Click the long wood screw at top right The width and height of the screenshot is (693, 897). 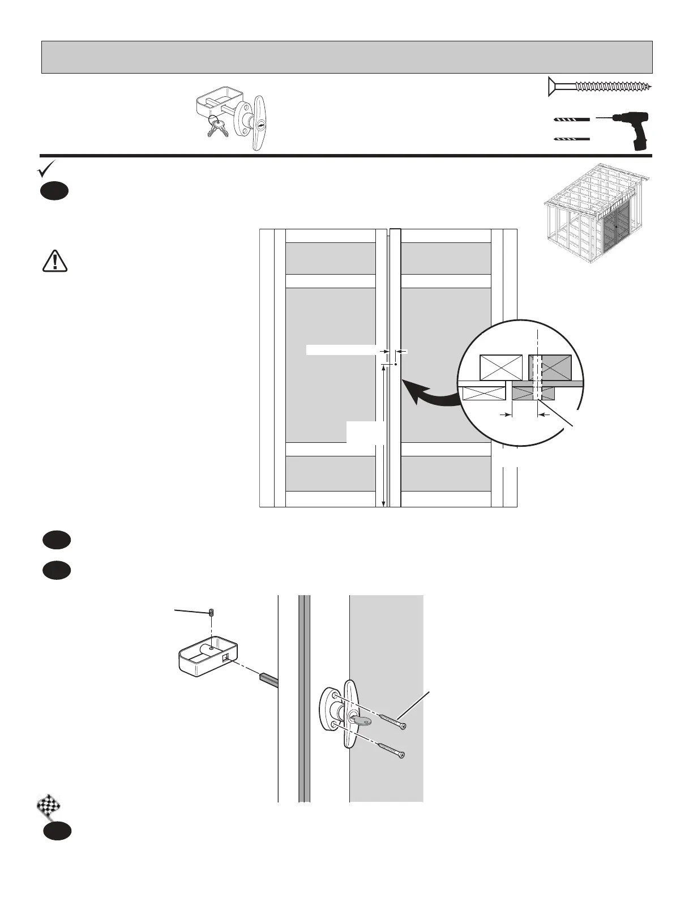coord(600,87)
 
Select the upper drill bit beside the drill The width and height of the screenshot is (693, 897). coord(571,120)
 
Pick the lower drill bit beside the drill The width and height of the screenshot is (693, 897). coord(571,139)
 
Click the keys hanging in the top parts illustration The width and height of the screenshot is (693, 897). coord(217,128)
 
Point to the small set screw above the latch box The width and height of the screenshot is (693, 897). coord(211,612)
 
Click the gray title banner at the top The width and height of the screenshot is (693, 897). coord(346,57)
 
